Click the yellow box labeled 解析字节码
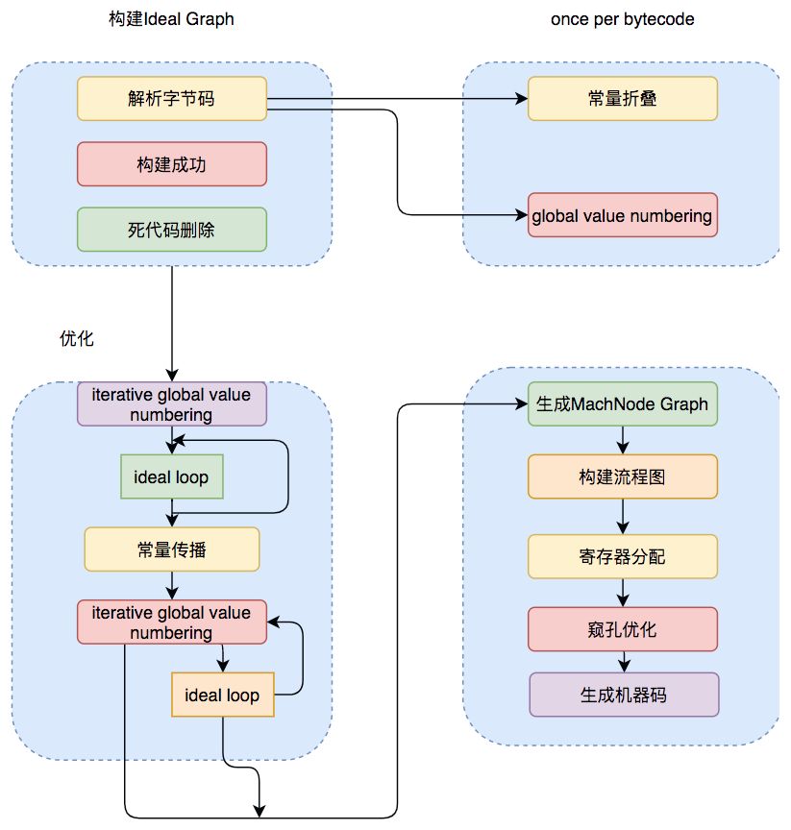(x=171, y=99)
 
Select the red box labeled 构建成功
(x=171, y=164)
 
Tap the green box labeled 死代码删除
(x=171, y=230)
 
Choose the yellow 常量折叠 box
(x=623, y=99)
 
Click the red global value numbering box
(x=623, y=215)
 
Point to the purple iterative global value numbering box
(x=171, y=404)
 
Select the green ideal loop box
(x=171, y=476)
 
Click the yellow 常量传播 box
(x=172, y=549)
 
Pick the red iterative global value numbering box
(x=171, y=622)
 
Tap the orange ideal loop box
(x=222, y=695)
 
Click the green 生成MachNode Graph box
(x=623, y=404)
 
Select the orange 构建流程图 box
(x=623, y=476)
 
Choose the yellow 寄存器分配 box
(x=623, y=556)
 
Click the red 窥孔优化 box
(x=623, y=629)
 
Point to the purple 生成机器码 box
(x=623, y=695)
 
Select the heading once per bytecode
(x=622, y=19)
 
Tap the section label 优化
(x=77, y=339)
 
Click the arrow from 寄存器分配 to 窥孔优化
(x=623, y=593)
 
